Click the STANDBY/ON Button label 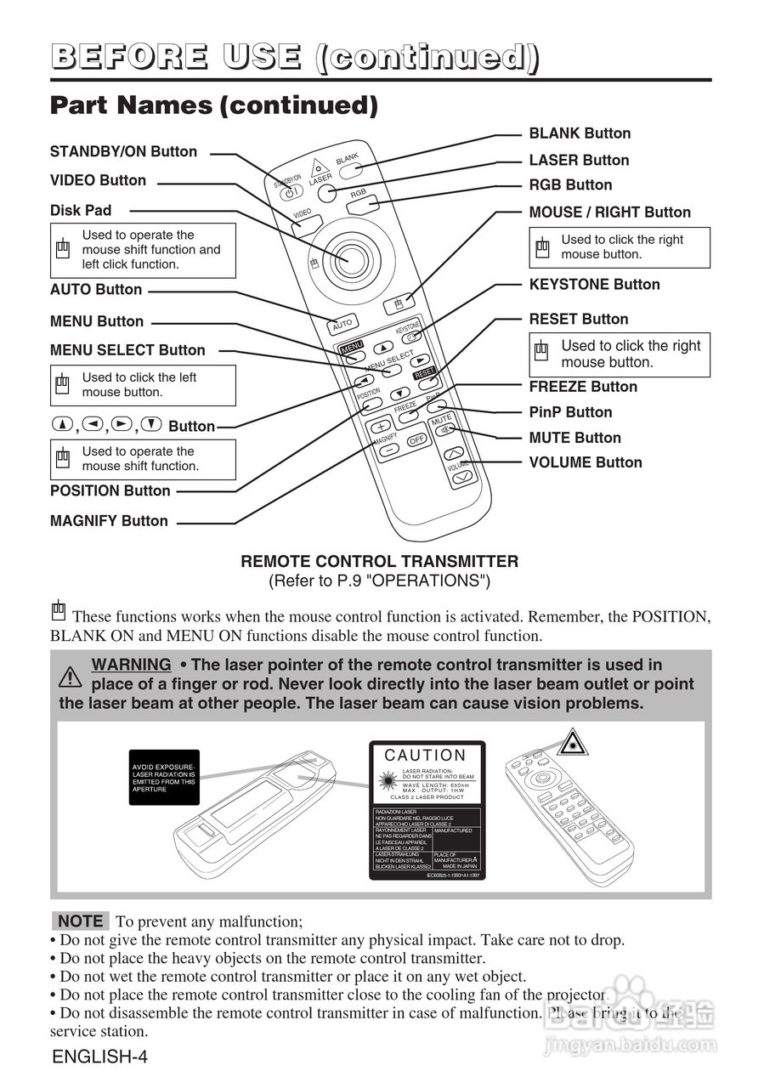pos(123,152)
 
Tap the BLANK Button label pos(580,133)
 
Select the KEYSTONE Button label pos(594,285)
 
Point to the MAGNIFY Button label pos(109,521)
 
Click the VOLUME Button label pos(586,463)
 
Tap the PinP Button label pos(570,412)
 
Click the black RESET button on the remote pos(424,372)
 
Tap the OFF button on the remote pos(416,440)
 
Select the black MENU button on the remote pos(351,348)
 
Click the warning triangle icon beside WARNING pos(71,675)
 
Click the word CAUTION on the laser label pos(426,756)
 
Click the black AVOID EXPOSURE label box pos(164,778)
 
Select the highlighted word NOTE pos(81,921)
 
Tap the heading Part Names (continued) pos(214,105)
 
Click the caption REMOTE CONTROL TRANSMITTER pos(379,562)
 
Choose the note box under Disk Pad pos(143,250)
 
